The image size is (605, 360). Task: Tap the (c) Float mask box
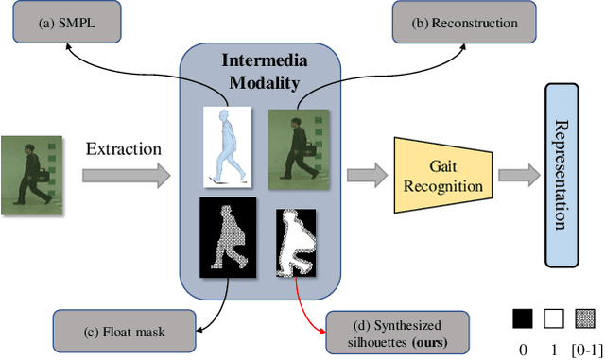(x=122, y=330)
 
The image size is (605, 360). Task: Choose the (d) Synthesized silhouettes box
(x=397, y=330)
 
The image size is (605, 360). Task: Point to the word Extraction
(x=123, y=148)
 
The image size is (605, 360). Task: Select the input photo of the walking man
(x=31, y=176)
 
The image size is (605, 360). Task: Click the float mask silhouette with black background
(x=229, y=237)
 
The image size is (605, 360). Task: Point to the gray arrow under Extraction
(x=124, y=175)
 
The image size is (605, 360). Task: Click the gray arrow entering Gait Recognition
(x=367, y=175)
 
